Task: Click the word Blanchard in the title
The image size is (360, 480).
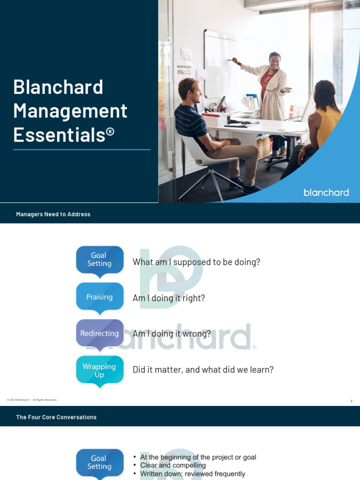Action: (58, 87)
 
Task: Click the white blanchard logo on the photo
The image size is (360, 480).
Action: (326, 192)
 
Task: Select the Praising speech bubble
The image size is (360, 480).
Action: (100, 297)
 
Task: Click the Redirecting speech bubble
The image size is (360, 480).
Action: (100, 333)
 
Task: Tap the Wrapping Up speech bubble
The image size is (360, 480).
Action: (100, 370)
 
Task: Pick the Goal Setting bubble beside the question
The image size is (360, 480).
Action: (100, 260)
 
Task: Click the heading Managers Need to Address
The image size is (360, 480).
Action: (53, 214)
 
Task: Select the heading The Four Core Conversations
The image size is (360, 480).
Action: (56, 417)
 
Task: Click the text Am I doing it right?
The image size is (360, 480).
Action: (169, 298)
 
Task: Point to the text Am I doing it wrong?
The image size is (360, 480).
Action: (172, 334)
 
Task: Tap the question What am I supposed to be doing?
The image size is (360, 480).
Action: (196, 262)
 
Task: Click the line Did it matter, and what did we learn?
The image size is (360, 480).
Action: (203, 370)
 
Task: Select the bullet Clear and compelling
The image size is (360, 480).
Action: (173, 465)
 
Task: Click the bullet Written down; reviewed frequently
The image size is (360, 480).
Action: (193, 474)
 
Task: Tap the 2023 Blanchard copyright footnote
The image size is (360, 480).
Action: (32, 400)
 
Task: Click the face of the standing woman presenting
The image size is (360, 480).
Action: (275, 61)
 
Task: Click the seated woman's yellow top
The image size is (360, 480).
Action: (328, 125)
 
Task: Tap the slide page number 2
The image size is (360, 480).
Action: (351, 401)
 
